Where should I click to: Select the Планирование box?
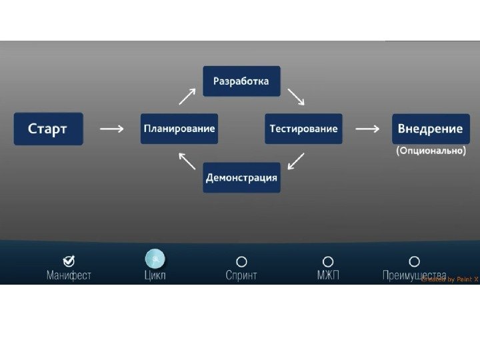click(x=179, y=129)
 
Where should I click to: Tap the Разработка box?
click(x=241, y=81)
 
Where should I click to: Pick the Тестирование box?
click(x=303, y=129)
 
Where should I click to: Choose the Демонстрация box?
click(x=241, y=177)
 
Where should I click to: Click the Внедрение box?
click(x=430, y=129)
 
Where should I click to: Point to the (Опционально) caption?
click(x=431, y=151)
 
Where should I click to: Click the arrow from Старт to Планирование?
click(x=111, y=129)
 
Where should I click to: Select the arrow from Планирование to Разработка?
click(x=187, y=97)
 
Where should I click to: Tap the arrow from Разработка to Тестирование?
click(x=295, y=97)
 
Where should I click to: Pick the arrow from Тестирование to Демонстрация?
click(x=295, y=161)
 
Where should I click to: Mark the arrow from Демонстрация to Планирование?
click(x=187, y=161)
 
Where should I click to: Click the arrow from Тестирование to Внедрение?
click(x=367, y=129)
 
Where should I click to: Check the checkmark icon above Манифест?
click(x=69, y=261)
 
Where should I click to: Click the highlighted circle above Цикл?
click(x=155, y=259)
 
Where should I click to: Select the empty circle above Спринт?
click(x=241, y=262)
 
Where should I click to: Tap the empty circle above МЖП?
click(x=328, y=262)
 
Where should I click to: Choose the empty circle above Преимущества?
click(x=414, y=262)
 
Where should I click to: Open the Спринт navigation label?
click(x=241, y=275)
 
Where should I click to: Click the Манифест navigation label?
click(x=69, y=275)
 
